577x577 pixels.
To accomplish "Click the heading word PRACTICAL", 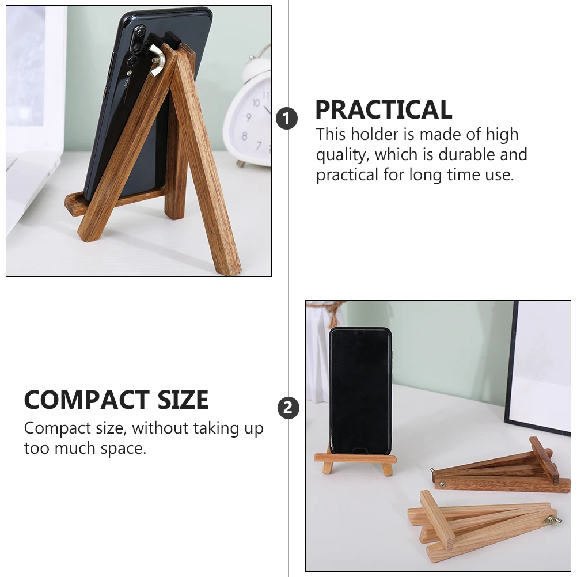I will (x=384, y=110).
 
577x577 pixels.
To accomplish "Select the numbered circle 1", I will (x=287, y=119).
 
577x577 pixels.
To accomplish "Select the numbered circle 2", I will (x=288, y=409).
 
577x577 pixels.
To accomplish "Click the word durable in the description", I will (x=466, y=154).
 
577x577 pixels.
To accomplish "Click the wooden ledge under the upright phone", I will (x=355, y=458).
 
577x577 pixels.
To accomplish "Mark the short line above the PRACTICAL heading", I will (x=355, y=85).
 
